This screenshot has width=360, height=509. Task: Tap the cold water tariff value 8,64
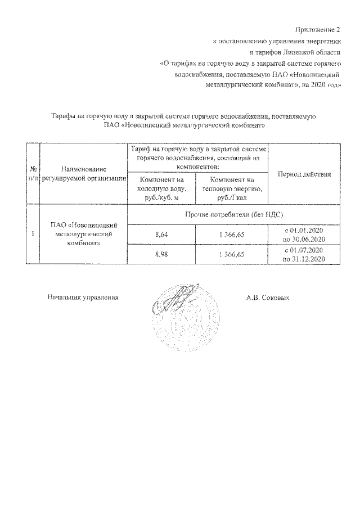coord(162,235)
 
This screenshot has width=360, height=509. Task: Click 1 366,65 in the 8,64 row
coord(232,235)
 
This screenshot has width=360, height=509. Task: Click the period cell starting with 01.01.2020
coord(304,235)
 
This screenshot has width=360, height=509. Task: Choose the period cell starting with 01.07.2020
coord(304,255)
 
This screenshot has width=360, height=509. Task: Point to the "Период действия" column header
coord(304,174)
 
